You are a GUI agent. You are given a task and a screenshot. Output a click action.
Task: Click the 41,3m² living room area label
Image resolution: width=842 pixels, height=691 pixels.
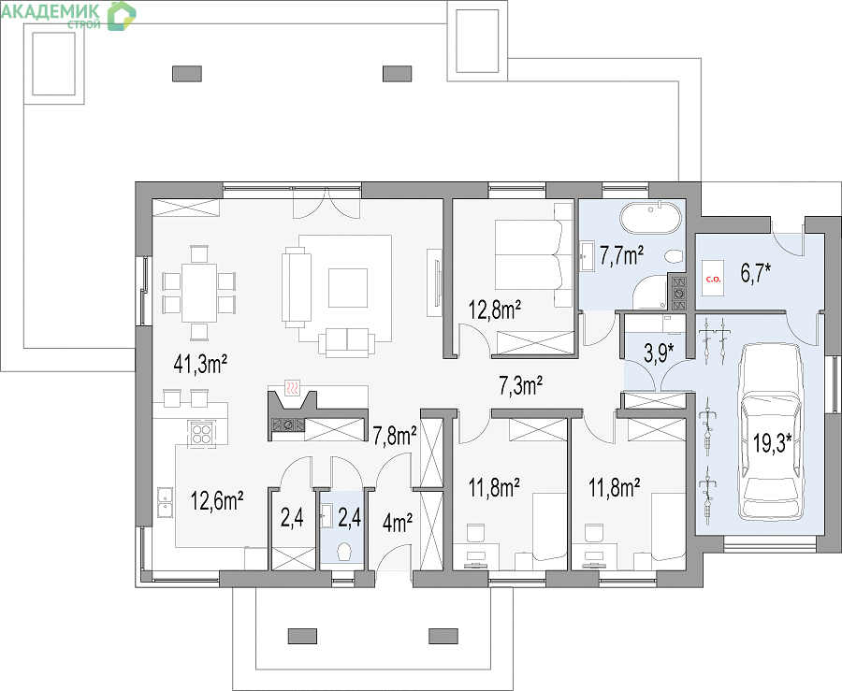click(x=200, y=365)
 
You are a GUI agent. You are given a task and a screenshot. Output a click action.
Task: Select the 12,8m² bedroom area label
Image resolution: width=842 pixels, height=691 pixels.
click(x=495, y=310)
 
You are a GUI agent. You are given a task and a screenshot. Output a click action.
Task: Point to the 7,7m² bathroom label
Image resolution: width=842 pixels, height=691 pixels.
click(x=622, y=256)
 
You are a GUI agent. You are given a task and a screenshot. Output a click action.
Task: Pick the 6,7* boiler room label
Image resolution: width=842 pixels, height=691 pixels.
click(x=756, y=273)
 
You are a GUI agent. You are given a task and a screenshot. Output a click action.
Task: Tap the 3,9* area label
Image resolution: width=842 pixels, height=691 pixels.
click(x=659, y=353)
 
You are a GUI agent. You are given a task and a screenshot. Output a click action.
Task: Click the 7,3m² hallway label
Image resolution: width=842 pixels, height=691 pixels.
click(x=520, y=385)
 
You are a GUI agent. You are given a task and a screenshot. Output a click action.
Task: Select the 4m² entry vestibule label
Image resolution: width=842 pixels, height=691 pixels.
click(x=398, y=523)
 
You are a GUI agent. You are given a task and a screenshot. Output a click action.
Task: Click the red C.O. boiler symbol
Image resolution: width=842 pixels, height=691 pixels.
click(x=713, y=279)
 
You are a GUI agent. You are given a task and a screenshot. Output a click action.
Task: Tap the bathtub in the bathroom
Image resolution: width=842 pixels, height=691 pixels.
click(x=651, y=219)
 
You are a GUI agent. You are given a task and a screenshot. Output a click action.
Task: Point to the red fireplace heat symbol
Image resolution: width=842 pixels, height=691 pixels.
click(x=292, y=387)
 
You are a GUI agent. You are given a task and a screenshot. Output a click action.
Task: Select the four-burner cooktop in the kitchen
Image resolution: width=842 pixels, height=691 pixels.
click(x=201, y=433)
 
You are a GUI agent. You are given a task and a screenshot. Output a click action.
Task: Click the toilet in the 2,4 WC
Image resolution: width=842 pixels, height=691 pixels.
click(x=344, y=551)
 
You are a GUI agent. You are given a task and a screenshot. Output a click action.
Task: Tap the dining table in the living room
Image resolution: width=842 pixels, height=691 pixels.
click(x=199, y=293)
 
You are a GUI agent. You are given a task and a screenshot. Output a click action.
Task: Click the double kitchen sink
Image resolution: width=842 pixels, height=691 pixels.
click(x=165, y=502)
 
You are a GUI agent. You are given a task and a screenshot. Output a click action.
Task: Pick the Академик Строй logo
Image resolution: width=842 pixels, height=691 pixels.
click(x=68, y=15)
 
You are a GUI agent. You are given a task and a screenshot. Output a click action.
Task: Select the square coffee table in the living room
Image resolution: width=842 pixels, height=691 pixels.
click(x=348, y=288)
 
